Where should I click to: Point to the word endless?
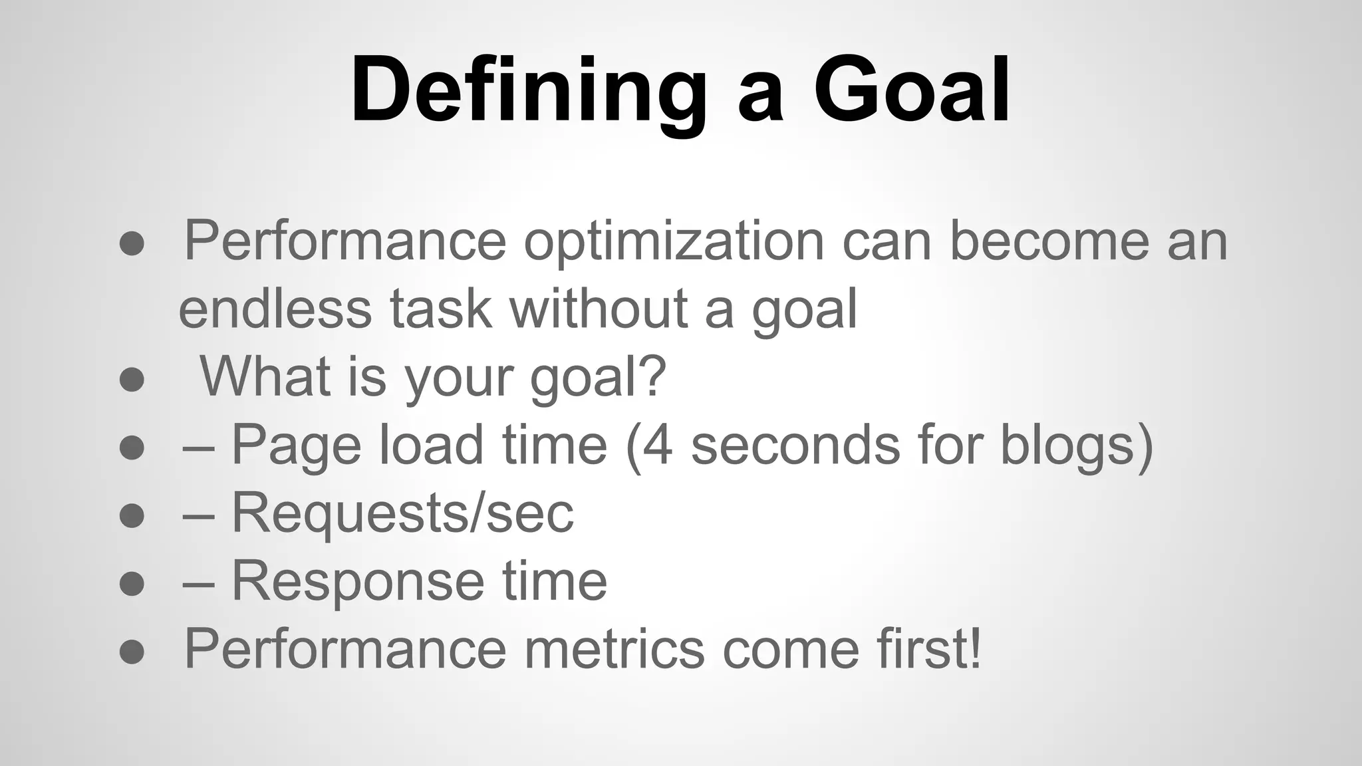click(x=275, y=309)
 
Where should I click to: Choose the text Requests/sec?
click(x=402, y=513)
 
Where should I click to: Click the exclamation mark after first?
click(x=974, y=648)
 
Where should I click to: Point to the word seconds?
click(x=795, y=445)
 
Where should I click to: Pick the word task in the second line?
click(x=440, y=309)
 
